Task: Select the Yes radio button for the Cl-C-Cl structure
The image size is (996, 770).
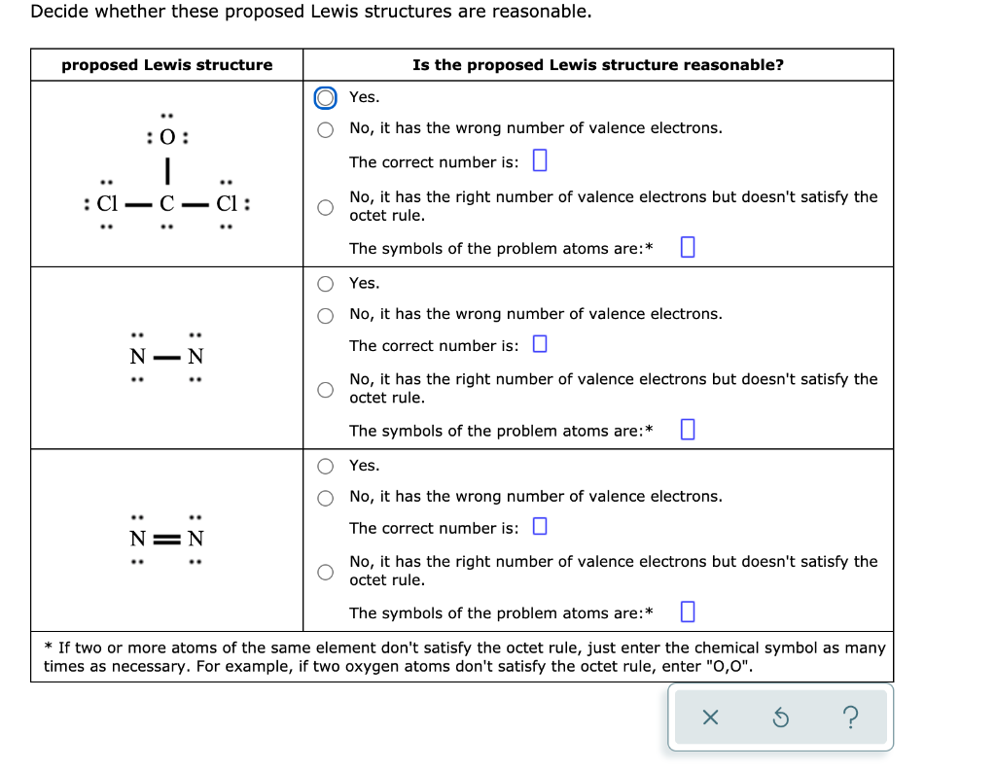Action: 328,97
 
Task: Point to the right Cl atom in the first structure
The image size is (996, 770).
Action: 227,205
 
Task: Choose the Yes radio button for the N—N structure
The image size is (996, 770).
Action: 328,284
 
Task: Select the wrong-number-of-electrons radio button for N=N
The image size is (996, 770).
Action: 328,498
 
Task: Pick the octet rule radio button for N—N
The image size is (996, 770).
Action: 328,389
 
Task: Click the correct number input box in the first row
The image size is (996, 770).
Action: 541,160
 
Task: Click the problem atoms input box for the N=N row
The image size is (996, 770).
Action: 688,612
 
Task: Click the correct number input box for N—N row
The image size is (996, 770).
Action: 541,345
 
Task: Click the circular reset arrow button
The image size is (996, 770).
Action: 780,717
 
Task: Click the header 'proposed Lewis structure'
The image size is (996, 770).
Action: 167,65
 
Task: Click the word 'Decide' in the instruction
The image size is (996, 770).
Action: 57,12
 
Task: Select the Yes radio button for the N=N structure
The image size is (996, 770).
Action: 328,466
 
